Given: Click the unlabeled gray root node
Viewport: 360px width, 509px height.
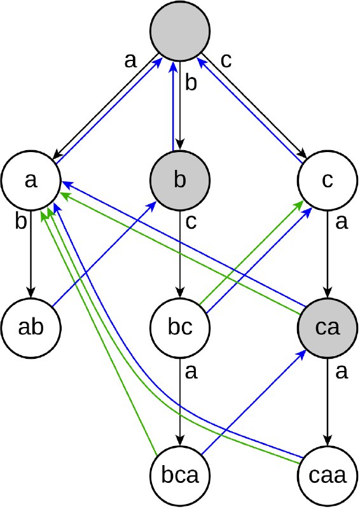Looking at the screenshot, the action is pos(180,31).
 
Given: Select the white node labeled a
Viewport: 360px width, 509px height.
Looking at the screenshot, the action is pos(31,179).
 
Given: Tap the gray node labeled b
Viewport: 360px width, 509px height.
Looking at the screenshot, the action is pos(180,179).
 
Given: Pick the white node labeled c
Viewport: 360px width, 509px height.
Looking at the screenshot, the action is pos(328,179).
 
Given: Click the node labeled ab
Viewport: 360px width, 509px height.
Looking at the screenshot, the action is pos(31,328).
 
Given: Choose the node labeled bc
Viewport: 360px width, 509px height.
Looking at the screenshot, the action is pos(180,328).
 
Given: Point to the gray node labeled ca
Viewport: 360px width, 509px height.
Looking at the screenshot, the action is pos(328,328).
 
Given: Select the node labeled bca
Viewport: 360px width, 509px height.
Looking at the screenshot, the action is pos(180,475).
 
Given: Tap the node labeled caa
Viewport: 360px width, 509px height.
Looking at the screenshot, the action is pos(328,475).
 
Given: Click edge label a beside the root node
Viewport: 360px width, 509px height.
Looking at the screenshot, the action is pos(130,60).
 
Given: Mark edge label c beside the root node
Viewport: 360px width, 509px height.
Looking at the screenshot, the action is pos(226,60).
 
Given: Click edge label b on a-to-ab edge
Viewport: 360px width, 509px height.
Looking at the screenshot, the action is pos(21,221).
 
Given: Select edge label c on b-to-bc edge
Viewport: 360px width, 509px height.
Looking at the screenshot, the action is pos(191,222).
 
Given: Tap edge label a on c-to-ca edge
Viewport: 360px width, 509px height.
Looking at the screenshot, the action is pos(342,222).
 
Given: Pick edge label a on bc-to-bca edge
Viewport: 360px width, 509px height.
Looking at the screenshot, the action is pos(191,372).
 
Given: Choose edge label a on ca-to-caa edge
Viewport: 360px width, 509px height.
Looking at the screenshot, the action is pos(342,372).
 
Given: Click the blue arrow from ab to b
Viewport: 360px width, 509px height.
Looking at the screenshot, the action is pos(104,254).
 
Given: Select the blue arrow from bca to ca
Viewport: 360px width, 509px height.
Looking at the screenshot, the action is pos(254,402).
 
